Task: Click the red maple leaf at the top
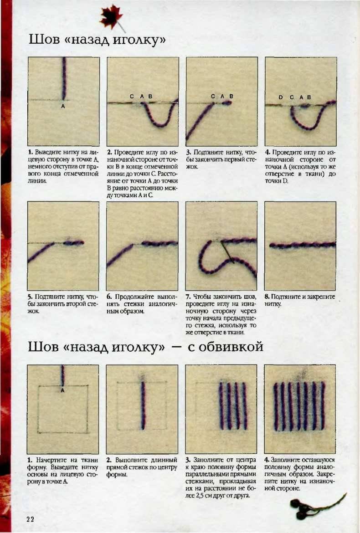click(x=112, y=16)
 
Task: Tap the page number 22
click(x=30, y=519)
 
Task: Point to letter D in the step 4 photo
click(x=280, y=97)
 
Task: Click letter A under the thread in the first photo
click(x=63, y=107)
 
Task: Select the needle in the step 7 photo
click(x=227, y=252)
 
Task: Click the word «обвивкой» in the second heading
click(x=226, y=347)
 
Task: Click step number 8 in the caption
click(x=267, y=297)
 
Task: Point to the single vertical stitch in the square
click(x=143, y=405)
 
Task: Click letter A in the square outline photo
click(x=62, y=390)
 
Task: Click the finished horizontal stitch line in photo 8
click(x=303, y=245)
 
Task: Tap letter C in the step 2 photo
click(x=132, y=97)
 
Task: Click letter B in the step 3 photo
click(x=231, y=96)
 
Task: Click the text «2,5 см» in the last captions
click(x=203, y=496)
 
